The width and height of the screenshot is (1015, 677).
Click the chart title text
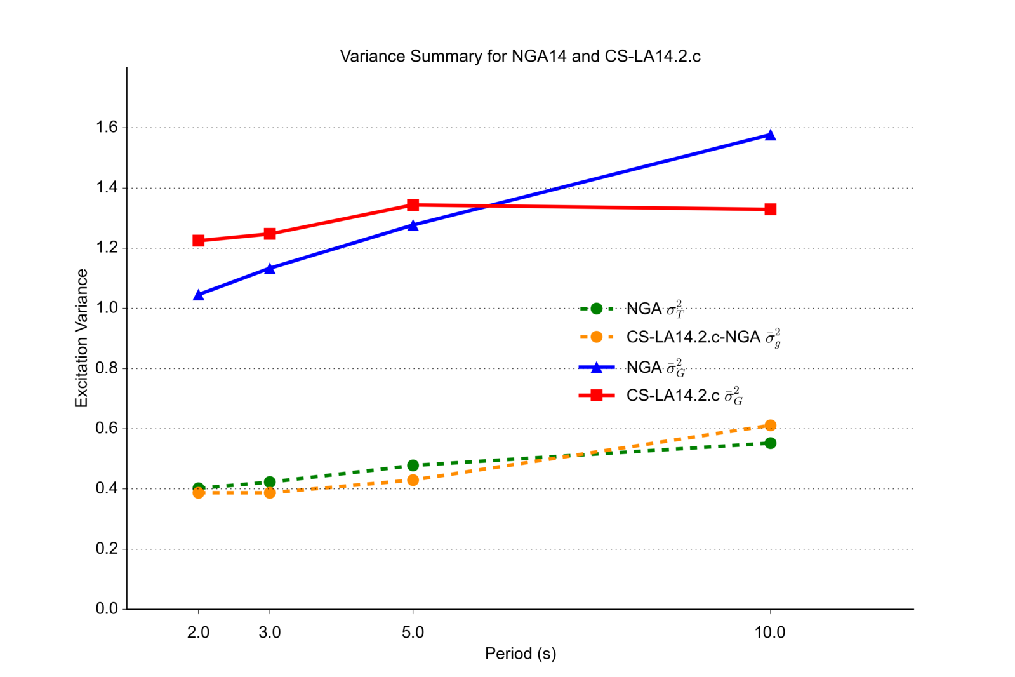(x=520, y=57)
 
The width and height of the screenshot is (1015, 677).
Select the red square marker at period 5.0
(x=413, y=205)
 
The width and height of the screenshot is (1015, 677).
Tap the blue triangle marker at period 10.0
(x=771, y=135)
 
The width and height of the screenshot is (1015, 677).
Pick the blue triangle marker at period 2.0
(x=199, y=295)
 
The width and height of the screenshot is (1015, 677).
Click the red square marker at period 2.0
(x=199, y=241)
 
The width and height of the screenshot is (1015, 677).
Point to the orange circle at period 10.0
(x=771, y=426)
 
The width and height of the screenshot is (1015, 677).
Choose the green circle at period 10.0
(x=771, y=443)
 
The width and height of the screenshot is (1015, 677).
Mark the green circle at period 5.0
(x=413, y=466)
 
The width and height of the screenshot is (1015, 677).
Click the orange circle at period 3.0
(x=270, y=493)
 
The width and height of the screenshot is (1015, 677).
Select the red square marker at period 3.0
(x=270, y=234)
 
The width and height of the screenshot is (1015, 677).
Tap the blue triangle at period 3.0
(x=270, y=269)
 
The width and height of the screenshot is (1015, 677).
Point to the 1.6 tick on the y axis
(x=107, y=128)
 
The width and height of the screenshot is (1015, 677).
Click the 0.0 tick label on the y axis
(x=107, y=609)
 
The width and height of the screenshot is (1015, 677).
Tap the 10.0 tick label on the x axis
(x=770, y=633)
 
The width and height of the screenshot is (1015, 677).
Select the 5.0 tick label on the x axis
(x=413, y=633)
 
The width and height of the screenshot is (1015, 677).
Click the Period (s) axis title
(x=520, y=654)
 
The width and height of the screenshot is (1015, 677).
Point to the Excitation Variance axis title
(x=82, y=338)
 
